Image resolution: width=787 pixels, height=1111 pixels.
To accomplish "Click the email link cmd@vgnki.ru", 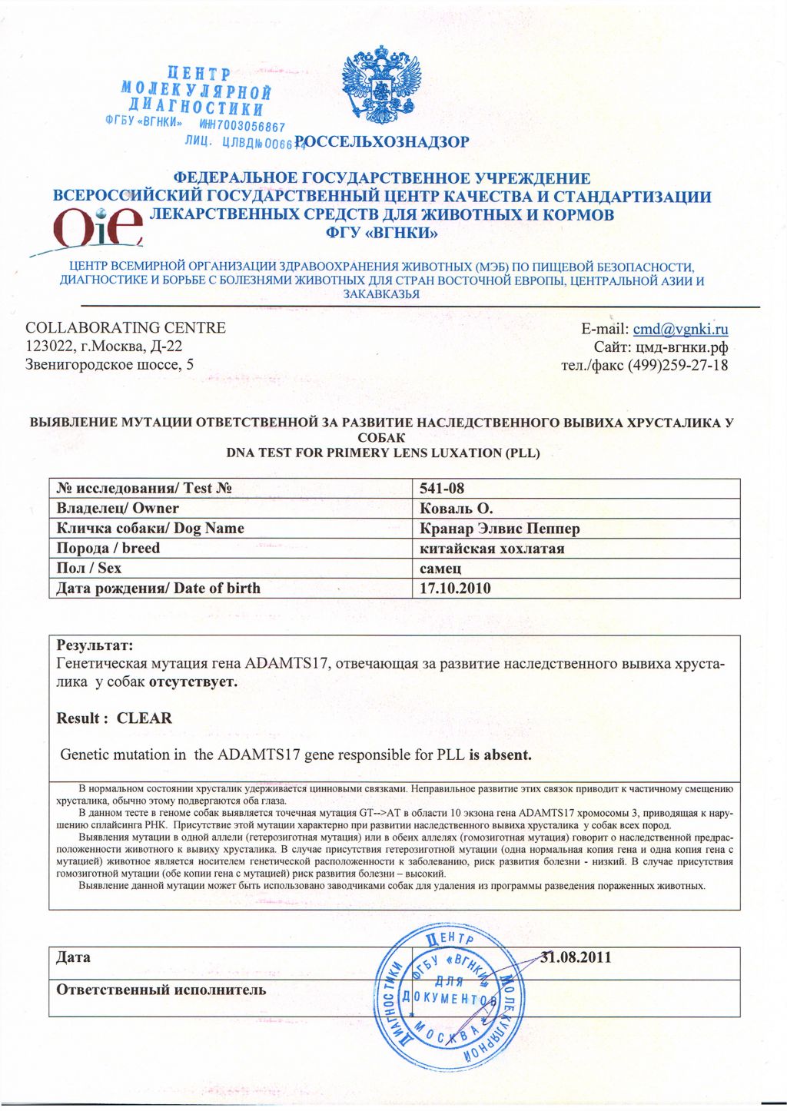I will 680,330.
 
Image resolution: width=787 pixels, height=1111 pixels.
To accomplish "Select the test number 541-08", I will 443,489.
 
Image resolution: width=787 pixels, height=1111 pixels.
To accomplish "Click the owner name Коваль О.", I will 457,509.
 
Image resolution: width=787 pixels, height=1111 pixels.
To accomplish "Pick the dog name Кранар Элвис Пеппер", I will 500,529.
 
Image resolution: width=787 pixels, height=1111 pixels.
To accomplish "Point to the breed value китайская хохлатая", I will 493,549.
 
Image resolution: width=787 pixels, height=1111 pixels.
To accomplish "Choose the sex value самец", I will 441,569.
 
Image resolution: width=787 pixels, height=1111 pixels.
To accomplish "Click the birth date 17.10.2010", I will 456,589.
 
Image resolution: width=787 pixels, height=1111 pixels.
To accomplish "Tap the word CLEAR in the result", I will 144,718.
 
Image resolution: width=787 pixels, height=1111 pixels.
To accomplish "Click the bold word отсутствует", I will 193,682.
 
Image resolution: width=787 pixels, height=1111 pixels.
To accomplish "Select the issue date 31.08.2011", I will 577,957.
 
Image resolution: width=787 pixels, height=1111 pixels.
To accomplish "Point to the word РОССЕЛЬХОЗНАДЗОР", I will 382,141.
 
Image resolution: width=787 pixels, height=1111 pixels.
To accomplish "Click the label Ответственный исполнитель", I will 161,990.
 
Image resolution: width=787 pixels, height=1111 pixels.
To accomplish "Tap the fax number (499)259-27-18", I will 678,365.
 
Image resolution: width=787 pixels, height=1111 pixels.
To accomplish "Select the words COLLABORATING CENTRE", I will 126,328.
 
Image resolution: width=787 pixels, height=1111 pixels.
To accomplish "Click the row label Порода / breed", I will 108,549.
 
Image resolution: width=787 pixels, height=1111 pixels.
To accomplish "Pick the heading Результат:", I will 95,645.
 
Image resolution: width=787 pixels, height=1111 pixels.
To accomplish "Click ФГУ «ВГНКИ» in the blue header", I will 382,233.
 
